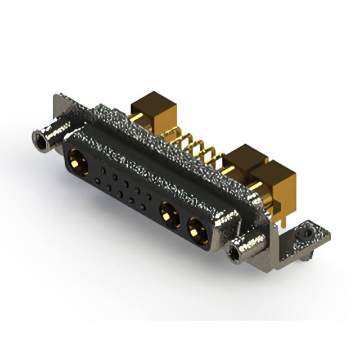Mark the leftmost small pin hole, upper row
click(103, 169)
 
